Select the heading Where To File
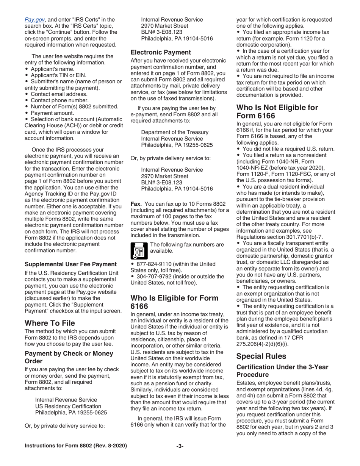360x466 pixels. (x=50, y=323)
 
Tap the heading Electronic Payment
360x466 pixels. (x=161, y=52)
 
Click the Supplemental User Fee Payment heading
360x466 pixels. (x=70, y=264)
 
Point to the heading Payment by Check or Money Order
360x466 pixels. (x=69, y=357)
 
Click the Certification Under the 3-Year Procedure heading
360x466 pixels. (x=282, y=370)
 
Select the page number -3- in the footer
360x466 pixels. (x=180, y=446)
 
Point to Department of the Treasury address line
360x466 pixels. (x=175, y=132)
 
